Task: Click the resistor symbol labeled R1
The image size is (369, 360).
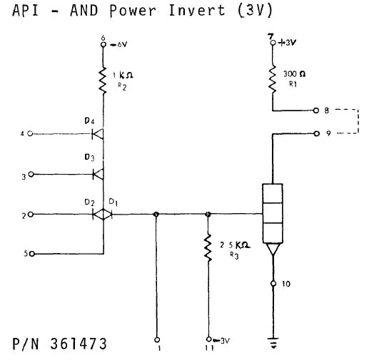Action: pos(273,79)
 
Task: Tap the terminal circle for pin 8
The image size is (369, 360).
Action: pos(316,110)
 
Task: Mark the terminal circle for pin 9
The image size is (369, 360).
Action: pos(316,133)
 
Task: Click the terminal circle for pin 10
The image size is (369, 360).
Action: pos(273,284)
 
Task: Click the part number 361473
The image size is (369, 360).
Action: pos(79,345)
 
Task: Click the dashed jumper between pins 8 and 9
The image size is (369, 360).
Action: pos(349,122)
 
